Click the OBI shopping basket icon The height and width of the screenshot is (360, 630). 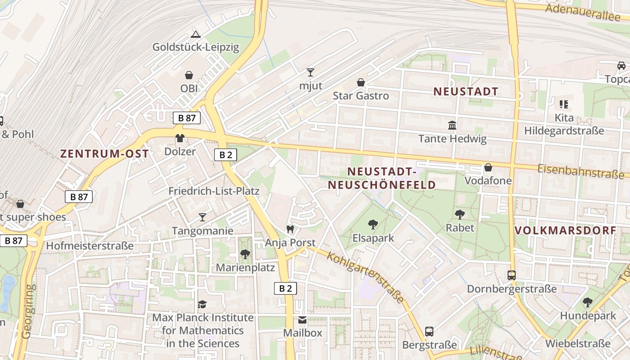coord(189,75)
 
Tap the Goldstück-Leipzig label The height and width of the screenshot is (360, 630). coord(196,47)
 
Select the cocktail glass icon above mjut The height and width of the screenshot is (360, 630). coord(310,72)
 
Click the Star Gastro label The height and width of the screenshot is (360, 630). coord(360,96)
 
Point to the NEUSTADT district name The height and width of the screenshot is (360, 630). coord(466,92)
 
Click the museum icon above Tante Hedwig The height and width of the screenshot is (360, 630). coord(452,125)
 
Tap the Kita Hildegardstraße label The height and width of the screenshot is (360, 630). coord(564,125)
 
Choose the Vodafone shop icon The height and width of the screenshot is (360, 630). coord(488,168)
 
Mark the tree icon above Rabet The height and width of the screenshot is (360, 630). coord(460,214)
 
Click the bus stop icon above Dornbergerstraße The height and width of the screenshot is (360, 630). coord(512,275)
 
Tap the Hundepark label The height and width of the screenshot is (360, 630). coord(588,316)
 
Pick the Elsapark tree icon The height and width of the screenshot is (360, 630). coord(373,224)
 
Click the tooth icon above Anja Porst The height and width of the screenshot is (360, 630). coord(290,229)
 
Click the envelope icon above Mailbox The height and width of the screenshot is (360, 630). coord(302,320)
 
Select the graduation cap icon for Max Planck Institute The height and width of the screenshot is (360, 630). coord(202,305)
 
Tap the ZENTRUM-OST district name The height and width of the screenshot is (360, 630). coord(104,153)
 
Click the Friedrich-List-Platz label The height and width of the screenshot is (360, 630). coord(214,191)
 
